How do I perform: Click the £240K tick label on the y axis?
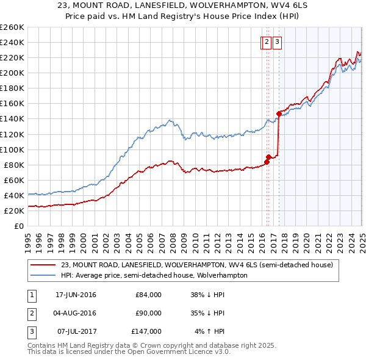coord(12,42)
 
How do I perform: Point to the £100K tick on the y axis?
coord(12,149)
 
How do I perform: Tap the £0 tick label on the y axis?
coord(18,226)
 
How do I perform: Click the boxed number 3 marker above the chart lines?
coord(277,42)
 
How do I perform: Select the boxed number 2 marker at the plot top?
coord(267,42)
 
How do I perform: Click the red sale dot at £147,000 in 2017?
coord(279,113)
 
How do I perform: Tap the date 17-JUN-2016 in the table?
coord(76,295)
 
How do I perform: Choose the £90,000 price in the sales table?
coord(148,313)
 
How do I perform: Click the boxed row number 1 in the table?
coord(31,295)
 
